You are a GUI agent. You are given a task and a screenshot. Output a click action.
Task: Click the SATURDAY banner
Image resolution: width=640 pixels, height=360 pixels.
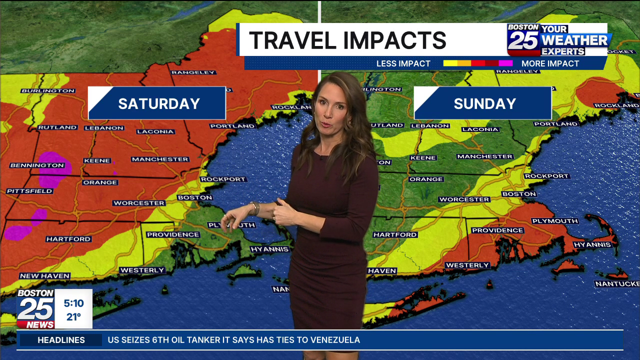pyautogui.click(x=157, y=103)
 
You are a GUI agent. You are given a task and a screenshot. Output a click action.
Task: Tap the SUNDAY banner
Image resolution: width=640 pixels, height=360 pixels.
pyautogui.click(x=483, y=103)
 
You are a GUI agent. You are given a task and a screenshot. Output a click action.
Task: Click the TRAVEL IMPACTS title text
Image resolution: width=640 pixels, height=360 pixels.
pyautogui.click(x=347, y=40)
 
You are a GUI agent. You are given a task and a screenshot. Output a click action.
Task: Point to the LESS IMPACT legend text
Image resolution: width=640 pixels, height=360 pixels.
pyautogui.click(x=403, y=63)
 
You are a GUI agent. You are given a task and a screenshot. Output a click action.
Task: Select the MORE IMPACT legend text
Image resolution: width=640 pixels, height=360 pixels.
pyautogui.click(x=550, y=63)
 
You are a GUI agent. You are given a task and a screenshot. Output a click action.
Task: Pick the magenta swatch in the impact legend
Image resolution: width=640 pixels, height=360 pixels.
pyautogui.click(x=505, y=63)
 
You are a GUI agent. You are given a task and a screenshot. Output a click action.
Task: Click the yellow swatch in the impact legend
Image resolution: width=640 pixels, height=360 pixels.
pyautogui.click(x=450, y=63)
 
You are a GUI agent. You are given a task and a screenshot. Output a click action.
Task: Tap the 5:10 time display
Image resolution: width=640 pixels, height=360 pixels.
pyautogui.click(x=73, y=303)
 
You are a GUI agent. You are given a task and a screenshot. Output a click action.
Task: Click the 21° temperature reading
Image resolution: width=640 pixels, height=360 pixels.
pyautogui.click(x=73, y=316)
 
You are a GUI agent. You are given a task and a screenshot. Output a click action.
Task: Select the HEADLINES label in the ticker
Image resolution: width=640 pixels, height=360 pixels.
pyautogui.click(x=61, y=340)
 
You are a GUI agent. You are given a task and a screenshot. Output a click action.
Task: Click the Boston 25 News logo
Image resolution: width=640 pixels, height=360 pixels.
pyautogui.click(x=35, y=308)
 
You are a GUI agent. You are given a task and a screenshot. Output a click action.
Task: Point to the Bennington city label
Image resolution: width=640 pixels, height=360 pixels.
pyautogui.click(x=37, y=165)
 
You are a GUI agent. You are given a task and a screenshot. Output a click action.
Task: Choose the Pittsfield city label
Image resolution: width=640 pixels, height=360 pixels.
pyautogui.click(x=29, y=191)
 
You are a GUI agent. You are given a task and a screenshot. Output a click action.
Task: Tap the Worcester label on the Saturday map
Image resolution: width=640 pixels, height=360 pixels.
pyautogui.click(x=138, y=203)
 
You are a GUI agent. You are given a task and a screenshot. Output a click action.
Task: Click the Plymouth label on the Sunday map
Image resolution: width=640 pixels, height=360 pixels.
pyautogui.click(x=554, y=221)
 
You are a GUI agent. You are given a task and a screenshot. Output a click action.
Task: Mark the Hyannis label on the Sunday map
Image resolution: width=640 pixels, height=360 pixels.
pyautogui.click(x=592, y=245)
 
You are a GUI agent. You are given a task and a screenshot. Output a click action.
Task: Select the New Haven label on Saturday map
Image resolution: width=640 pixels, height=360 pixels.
pyautogui.click(x=44, y=276)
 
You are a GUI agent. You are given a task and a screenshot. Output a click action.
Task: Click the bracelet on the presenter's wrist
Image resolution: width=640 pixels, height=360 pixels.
pyautogui.click(x=255, y=208)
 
